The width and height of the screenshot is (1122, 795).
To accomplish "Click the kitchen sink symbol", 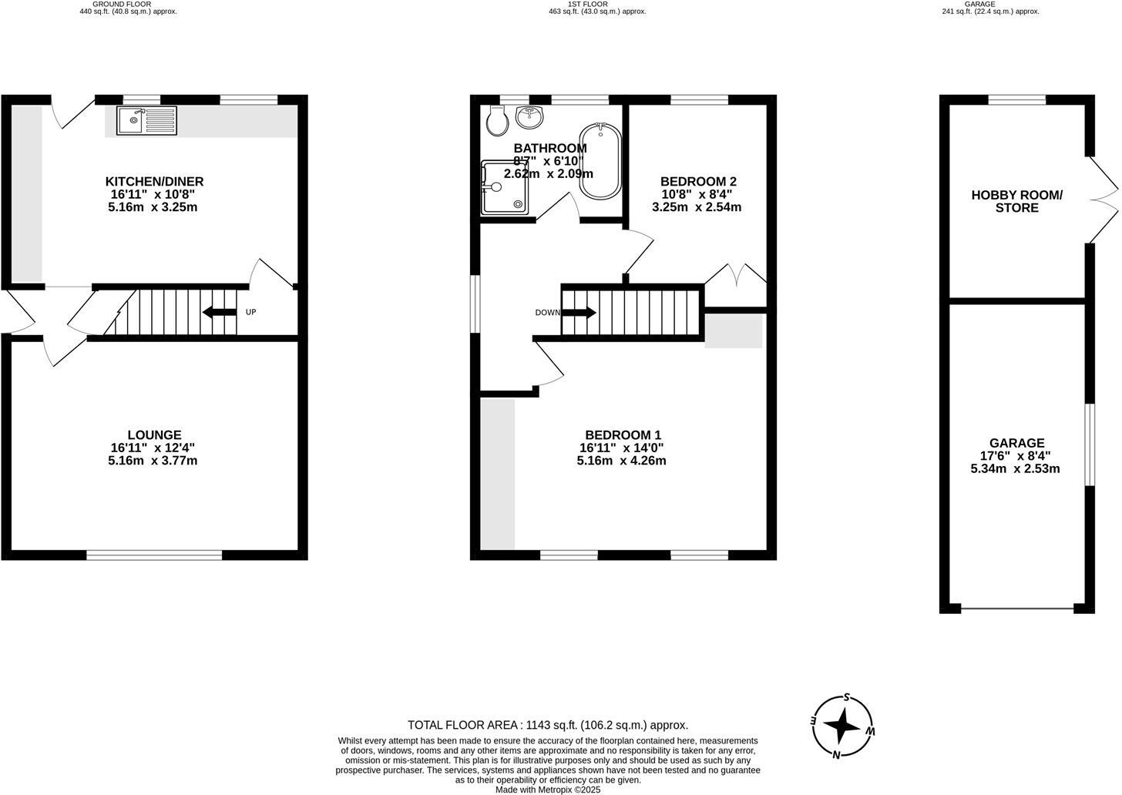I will click(x=146, y=120).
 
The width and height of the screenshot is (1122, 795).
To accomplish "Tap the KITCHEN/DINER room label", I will click(x=154, y=182).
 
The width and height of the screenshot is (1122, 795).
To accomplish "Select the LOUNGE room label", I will click(x=154, y=435).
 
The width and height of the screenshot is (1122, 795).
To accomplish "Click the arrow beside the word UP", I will click(x=219, y=312).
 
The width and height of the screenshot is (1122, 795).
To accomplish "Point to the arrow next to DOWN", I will click(x=580, y=312).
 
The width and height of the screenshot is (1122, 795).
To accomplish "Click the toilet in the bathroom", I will click(x=498, y=119).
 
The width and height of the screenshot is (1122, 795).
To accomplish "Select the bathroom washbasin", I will click(x=529, y=116).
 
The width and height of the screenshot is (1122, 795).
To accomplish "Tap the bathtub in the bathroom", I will click(x=600, y=160).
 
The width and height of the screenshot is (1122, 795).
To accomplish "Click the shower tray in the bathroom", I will click(x=504, y=187).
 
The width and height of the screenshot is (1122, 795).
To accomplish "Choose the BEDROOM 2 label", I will click(x=699, y=182).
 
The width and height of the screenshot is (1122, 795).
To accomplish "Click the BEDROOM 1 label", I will click(x=623, y=435).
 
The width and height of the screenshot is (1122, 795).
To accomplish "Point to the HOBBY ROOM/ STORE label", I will click(x=1016, y=202).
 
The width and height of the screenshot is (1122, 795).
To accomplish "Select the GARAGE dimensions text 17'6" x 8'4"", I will click(x=1015, y=456).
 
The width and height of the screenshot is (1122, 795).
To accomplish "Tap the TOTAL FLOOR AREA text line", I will click(x=547, y=725).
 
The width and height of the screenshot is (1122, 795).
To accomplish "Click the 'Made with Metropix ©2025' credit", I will click(x=547, y=790).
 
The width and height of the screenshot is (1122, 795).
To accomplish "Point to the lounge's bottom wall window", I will click(x=154, y=555).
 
